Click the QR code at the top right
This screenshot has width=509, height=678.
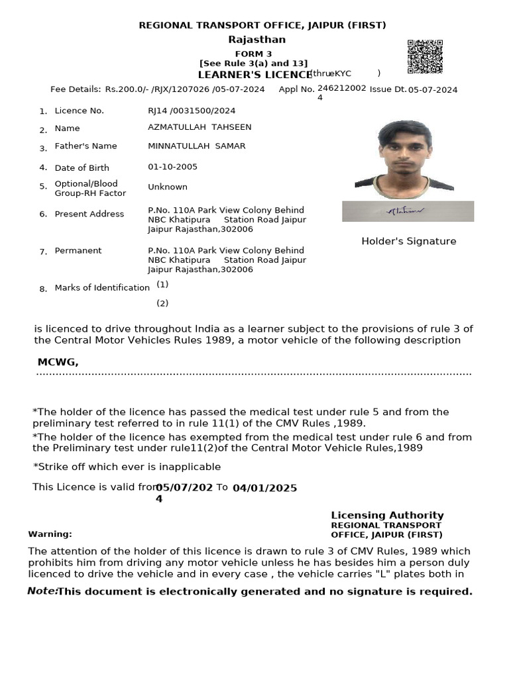point(425,57)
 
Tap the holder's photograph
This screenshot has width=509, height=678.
point(404,160)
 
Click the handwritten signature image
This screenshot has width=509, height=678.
point(408,211)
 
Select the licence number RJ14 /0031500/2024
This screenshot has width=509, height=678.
point(192,111)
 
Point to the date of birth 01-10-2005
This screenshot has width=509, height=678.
point(172,167)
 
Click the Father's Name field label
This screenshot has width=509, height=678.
point(85,146)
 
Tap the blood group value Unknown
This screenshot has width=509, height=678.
point(167,187)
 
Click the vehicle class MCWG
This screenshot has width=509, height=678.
point(58,362)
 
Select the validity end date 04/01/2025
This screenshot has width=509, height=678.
point(264,488)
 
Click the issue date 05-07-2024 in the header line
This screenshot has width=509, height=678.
point(432,90)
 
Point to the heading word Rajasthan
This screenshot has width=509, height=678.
point(256,40)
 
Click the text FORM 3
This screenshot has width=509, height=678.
point(253,54)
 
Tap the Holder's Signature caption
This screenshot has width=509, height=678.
point(408,242)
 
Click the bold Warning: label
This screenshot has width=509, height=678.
point(50,534)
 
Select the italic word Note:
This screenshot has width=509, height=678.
point(42,591)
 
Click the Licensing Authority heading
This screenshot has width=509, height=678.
point(387,515)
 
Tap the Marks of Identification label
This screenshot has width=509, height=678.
point(102,288)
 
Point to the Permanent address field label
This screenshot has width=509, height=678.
point(78,251)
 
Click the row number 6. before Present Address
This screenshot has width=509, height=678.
point(43,215)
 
